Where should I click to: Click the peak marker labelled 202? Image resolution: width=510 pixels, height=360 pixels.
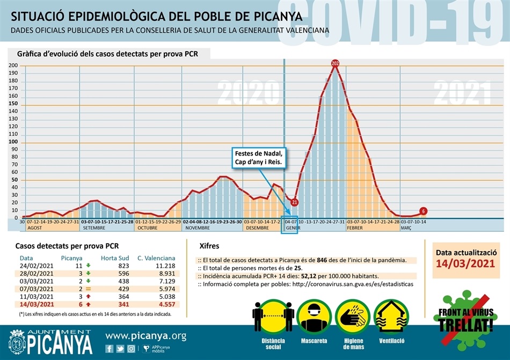(x=336, y=64)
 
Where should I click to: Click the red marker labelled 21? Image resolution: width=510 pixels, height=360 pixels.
(x=294, y=202)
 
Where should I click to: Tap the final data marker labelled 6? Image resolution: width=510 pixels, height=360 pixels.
(x=423, y=211)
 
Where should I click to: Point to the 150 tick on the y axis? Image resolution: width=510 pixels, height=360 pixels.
(x=13, y=104)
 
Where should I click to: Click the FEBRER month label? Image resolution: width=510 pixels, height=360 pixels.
(x=355, y=228)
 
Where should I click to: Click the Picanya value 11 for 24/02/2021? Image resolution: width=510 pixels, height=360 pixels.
(x=78, y=266)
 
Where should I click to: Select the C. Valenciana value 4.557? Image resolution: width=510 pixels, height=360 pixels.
(x=164, y=304)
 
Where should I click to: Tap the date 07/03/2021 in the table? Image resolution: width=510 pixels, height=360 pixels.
(x=37, y=288)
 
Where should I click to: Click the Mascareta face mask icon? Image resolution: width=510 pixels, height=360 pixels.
(x=314, y=317)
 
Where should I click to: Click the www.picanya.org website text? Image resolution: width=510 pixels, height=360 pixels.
(x=146, y=336)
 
